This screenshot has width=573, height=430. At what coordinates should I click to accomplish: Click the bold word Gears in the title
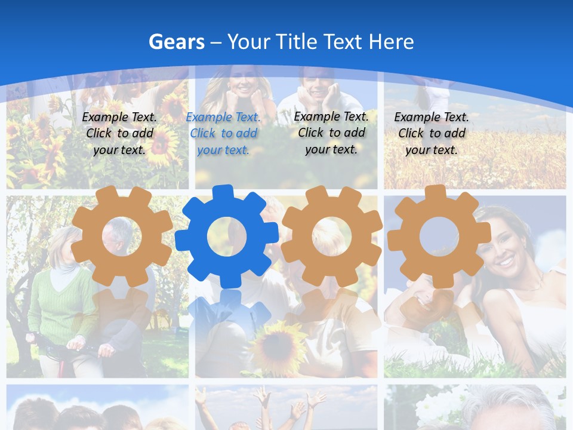coord(177,42)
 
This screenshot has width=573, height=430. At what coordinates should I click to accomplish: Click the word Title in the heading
coord(342,42)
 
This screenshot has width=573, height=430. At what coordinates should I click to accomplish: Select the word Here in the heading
coord(391,42)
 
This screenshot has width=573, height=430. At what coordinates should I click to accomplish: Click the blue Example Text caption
coord(223,134)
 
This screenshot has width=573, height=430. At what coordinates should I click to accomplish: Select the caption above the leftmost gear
coord(119,134)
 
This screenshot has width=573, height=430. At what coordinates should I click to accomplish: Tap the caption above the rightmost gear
coord(432,134)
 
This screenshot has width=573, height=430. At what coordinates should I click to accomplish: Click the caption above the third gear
coord(331,133)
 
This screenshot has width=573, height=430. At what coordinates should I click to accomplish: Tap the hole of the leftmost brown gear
coord(122,236)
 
